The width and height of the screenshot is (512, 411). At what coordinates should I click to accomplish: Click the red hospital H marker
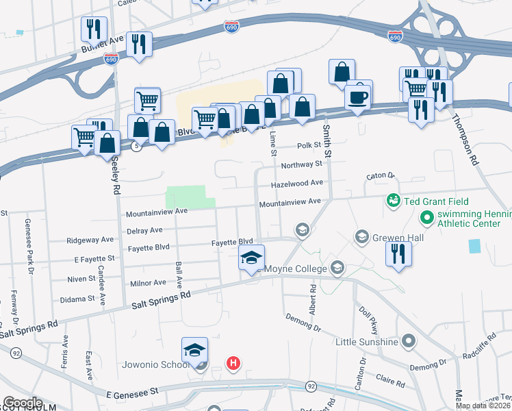233,362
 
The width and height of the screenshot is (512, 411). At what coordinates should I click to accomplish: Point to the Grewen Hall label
398,238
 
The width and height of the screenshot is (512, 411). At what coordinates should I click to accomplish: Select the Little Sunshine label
367,340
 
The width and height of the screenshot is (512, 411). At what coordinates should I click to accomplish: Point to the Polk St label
309,145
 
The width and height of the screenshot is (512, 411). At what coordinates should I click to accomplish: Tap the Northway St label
301,164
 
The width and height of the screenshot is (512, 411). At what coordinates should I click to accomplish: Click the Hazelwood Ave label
296,184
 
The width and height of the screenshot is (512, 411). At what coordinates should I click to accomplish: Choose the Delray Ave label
144,230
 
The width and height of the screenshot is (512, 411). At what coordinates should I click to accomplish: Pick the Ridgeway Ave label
90,240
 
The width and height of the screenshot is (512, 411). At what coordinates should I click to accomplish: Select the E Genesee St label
133,390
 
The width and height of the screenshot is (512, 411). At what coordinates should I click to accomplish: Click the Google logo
22,403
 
